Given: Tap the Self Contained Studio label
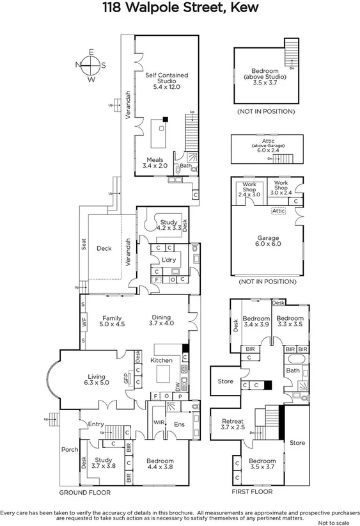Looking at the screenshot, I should point(166,80).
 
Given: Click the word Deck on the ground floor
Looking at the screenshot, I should point(104,248).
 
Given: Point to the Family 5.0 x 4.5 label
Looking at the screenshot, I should point(113,319).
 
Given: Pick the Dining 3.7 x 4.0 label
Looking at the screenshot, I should point(162,319).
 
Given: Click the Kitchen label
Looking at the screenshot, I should point(162,361).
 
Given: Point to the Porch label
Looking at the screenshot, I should point(68,449).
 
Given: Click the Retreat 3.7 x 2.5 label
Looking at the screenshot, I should point(233,424).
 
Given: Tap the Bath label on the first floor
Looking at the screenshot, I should point(293,371).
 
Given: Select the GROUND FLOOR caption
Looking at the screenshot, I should point(85,493).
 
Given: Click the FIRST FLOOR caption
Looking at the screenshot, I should point(252,492).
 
